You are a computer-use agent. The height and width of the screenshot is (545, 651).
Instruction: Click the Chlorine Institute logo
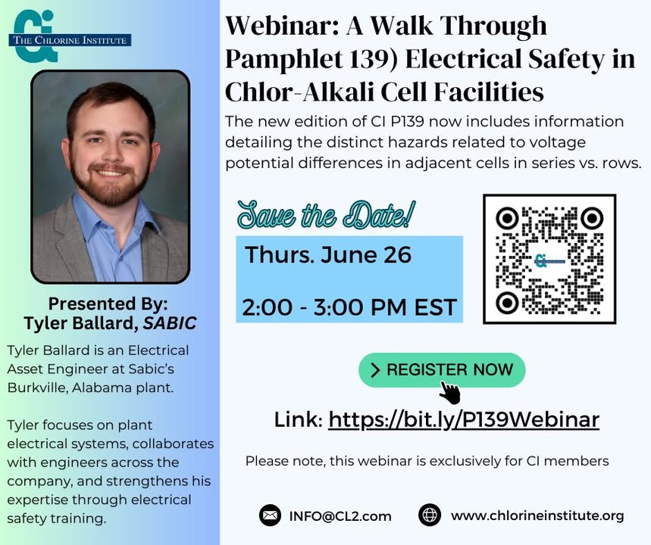pos(70,36)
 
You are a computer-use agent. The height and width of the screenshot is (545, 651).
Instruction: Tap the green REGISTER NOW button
pos(442,370)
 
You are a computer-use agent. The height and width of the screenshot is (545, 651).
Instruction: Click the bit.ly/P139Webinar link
pos(464,420)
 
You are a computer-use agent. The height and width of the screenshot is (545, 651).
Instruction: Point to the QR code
pos(549,259)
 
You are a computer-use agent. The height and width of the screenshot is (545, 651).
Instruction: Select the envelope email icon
pos(270,515)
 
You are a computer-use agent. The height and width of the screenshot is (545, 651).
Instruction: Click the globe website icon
pos(429,515)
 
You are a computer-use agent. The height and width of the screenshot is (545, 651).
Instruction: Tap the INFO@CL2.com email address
pos(340,516)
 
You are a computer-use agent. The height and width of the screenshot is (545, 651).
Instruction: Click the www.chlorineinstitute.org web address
pos(537,515)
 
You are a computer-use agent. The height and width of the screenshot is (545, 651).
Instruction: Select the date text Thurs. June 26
pos(328,254)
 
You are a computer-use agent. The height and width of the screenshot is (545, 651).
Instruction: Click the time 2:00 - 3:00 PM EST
pos(349,307)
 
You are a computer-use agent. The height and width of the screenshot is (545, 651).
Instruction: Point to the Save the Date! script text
pos(326,215)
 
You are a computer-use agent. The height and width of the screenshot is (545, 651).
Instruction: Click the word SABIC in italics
pos(170,323)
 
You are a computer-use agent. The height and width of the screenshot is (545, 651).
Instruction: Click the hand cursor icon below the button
pos(450,393)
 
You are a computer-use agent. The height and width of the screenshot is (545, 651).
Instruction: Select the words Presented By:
pos(108,304)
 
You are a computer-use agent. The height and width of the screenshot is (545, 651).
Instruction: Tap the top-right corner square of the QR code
pos(592,218)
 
